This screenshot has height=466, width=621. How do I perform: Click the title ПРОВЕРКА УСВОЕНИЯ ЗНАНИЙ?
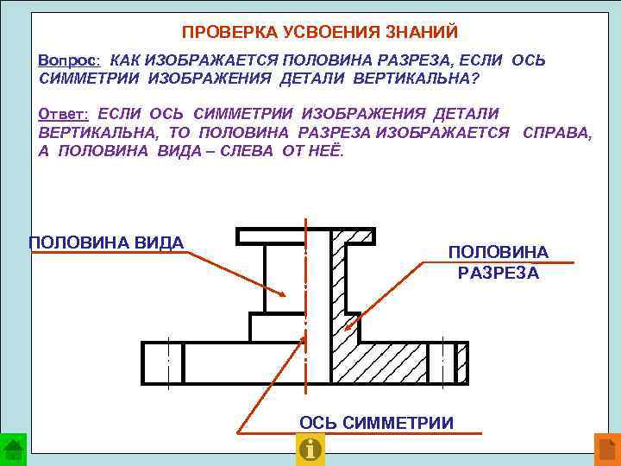click(x=320, y=33)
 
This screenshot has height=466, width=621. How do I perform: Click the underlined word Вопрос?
click(x=70, y=62)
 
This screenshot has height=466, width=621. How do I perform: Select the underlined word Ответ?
click(x=65, y=114)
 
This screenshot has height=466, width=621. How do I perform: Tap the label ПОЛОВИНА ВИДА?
click(x=106, y=242)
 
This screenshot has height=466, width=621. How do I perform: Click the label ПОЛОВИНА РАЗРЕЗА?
click(x=498, y=262)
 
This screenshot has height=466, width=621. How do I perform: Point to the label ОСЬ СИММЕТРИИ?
click(x=376, y=422)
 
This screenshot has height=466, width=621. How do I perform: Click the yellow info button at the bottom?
click(x=310, y=450)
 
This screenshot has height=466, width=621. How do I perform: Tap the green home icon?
click(x=14, y=450)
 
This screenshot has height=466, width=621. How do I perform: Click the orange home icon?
click(x=606, y=450)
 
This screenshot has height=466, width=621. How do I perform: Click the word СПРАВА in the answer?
click(x=557, y=132)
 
